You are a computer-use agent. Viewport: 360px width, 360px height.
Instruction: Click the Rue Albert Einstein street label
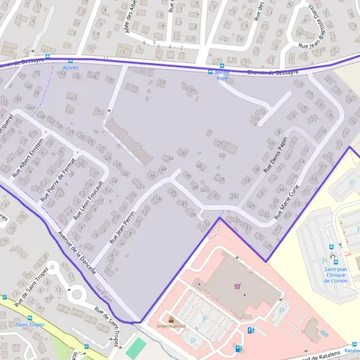29,158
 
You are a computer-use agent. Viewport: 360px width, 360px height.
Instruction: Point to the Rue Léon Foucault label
88,200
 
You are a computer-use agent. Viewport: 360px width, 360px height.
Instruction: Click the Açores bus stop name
71,68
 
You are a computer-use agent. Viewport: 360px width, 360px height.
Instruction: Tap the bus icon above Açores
71,61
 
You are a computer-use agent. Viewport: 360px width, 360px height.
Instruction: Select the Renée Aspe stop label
222,76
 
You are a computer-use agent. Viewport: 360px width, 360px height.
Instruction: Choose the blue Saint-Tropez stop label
30,325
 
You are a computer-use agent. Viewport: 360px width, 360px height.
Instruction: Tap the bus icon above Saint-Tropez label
31,317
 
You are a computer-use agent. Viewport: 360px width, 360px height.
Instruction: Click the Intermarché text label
171,326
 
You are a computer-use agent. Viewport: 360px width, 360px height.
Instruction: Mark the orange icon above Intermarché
171,319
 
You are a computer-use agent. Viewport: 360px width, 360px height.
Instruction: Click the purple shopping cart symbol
238,286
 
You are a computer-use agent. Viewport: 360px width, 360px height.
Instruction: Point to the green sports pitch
137,348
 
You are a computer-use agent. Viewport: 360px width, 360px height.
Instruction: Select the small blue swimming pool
325,332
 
